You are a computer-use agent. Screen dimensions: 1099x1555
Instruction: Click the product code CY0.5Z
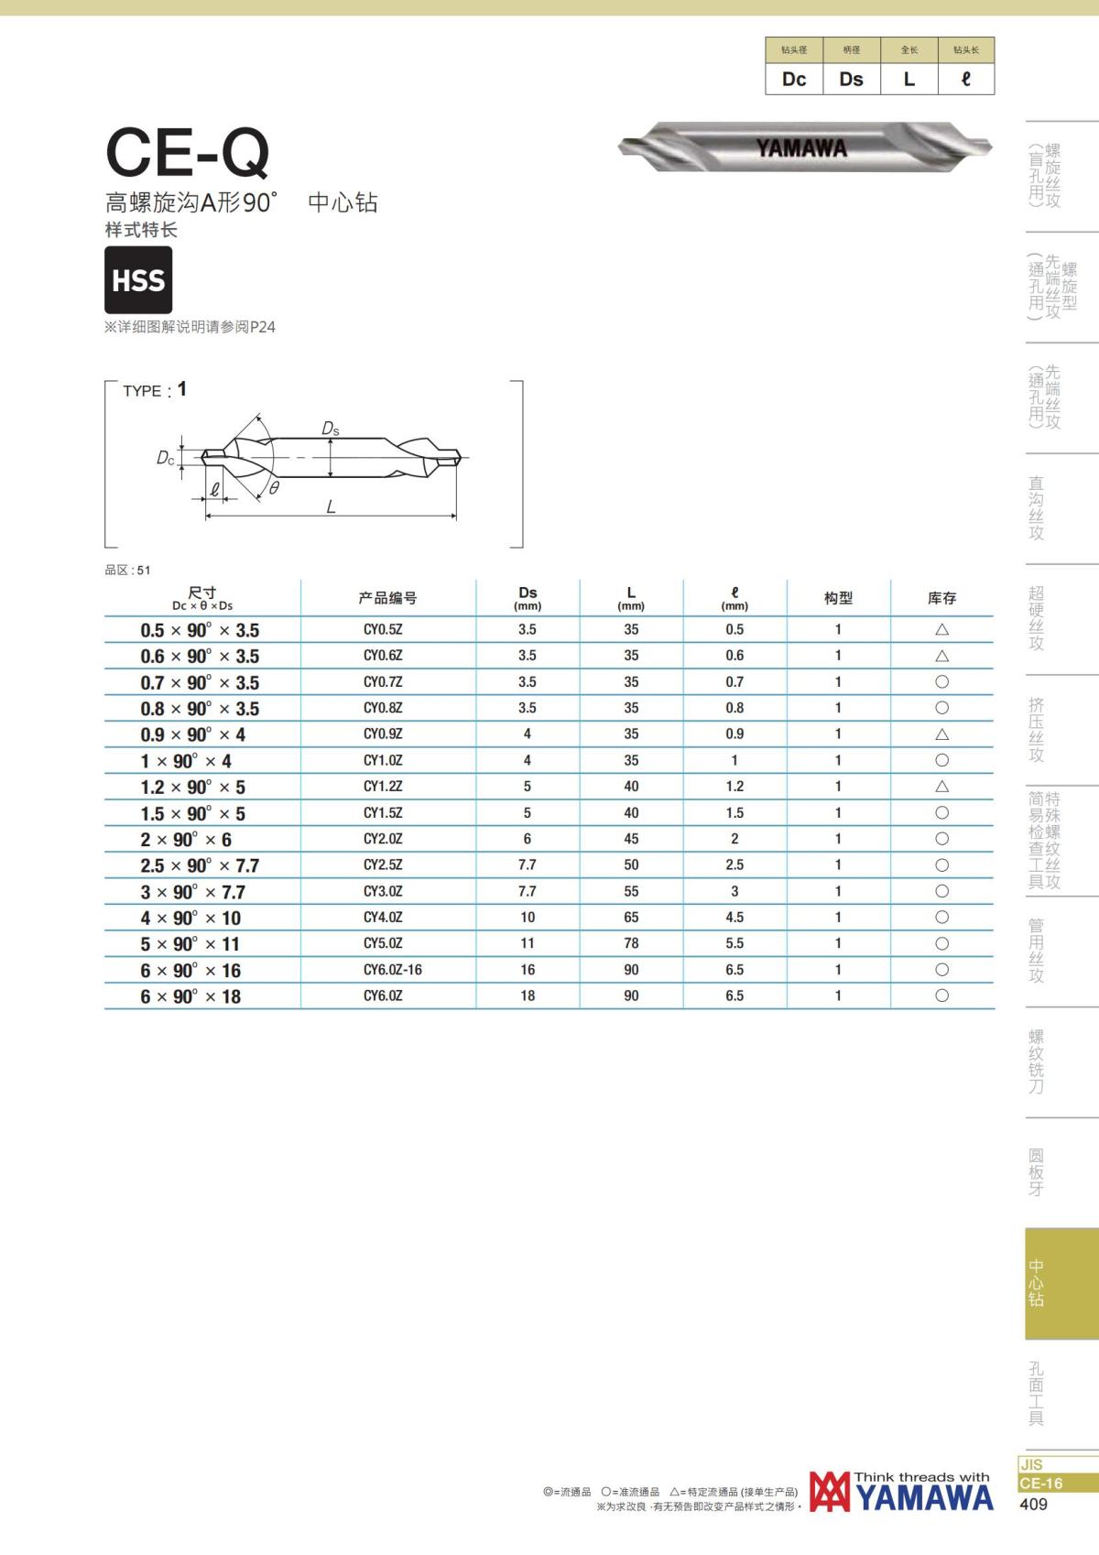pyautogui.click(x=383, y=630)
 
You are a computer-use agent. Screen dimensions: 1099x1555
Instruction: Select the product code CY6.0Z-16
pyautogui.click(x=392, y=970)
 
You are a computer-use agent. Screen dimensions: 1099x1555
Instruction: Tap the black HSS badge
pyautogui.click(x=138, y=279)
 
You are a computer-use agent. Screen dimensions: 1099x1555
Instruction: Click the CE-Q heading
pyautogui.click(x=188, y=153)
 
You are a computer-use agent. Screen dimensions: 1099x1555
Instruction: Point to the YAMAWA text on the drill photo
pyautogui.click(x=801, y=147)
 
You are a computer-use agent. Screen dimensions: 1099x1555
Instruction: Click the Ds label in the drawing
pyautogui.click(x=331, y=429)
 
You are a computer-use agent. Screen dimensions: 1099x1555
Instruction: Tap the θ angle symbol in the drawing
pyautogui.click(x=274, y=488)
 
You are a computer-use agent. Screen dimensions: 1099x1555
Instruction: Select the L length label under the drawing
pyautogui.click(x=332, y=506)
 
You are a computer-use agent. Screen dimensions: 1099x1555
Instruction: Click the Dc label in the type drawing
pyautogui.click(x=165, y=458)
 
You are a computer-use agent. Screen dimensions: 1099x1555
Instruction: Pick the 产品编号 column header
pyautogui.click(x=387, y=598)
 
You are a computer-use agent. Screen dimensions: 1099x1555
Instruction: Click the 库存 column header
pyautogui.click(x=941, y=598)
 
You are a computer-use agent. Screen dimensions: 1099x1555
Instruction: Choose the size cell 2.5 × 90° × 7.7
pyautogui.click(x=200, y=865)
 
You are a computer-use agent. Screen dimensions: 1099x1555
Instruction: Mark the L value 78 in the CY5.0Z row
pyautogui.click(x=630, y=943)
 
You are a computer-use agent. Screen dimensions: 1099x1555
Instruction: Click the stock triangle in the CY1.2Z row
pyautogui.click(x=941, y=787)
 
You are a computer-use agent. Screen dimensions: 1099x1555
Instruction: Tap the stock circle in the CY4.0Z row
pyautogui.click(x=941, y=917)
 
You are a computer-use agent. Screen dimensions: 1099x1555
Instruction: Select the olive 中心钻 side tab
pyautogui.click(x=1061, y=1283)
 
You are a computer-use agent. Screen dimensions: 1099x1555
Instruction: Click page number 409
pyautogui.click(x=1034, y=1505)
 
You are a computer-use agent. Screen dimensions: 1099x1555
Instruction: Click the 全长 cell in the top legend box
pyautogui.click(x=909, y=50)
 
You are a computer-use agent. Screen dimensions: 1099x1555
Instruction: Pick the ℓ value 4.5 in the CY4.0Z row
pyautogui.click(x=734, y=917)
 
